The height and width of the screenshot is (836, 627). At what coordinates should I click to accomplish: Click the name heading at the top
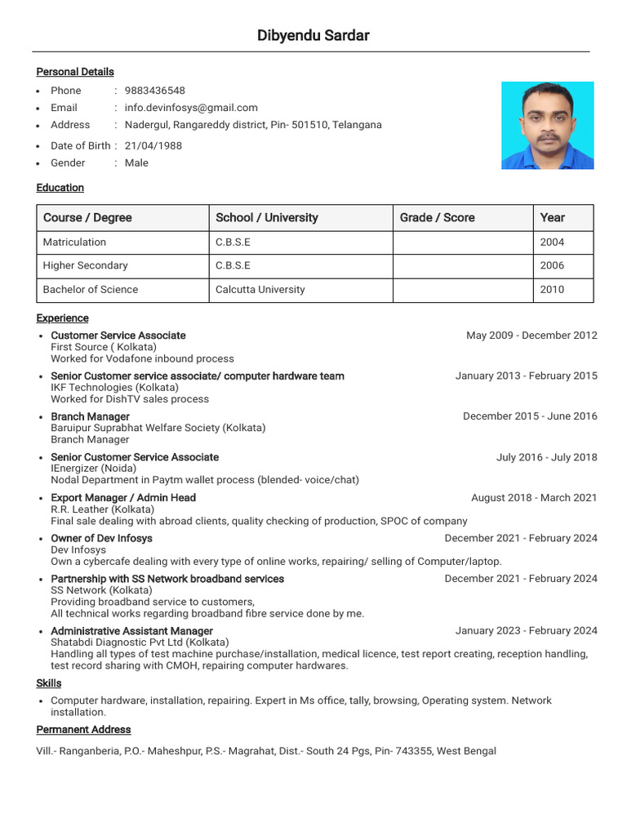(313, 35)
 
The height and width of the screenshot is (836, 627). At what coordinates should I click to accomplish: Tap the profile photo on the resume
(547, 125)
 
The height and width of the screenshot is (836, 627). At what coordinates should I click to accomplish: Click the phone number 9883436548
(154, 91)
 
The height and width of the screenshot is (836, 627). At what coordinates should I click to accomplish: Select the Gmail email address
(191, 108)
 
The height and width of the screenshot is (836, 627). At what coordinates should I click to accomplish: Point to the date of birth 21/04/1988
(153, 145)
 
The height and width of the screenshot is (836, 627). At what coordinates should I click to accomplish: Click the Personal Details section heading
(75, 72)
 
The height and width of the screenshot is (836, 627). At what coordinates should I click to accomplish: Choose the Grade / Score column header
(437, 217)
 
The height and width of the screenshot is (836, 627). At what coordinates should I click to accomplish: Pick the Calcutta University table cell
(260, 289)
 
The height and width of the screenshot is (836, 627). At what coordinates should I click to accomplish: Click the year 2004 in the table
(552, 242)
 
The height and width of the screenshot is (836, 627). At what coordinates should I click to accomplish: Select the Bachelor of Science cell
(91, 289)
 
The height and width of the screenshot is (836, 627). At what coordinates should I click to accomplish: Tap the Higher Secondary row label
(85, 265)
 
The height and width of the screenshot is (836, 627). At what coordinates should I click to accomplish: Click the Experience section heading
(62, 318)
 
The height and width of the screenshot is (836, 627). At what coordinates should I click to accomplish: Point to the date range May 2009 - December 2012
(531, 336)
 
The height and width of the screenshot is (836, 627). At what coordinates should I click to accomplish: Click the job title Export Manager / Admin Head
(123, 497)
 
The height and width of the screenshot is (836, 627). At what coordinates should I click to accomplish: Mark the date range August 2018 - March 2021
(534, 497)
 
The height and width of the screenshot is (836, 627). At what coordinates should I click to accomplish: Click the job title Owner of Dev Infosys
(101, 538)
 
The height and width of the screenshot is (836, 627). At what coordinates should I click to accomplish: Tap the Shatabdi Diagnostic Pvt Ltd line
(140, 643)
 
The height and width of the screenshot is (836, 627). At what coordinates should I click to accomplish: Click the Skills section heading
(48, 683)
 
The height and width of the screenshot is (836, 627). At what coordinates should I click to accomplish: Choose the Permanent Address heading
(83, 729)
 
